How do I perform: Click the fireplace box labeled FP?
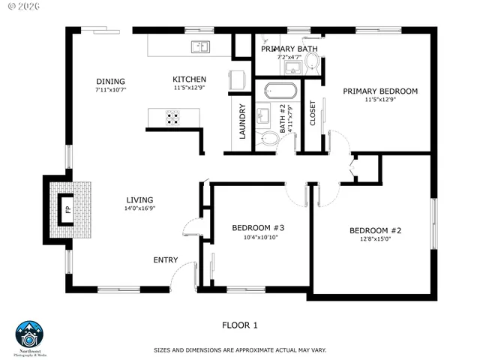point(67,208)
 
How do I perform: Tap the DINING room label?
point(110,82)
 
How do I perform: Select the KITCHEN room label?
point(189,79)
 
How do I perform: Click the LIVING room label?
point(139,199)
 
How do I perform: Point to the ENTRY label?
point(165,260)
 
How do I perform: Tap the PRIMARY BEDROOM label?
point(380,91)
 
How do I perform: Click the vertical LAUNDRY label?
point(242,121)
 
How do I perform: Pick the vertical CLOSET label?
point(313,112)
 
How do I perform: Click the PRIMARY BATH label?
point(289,49)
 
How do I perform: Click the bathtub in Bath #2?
point(280,91)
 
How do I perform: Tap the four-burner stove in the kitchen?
point(172,116)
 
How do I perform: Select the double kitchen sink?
point(199,46)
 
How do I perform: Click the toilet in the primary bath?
point(312,68)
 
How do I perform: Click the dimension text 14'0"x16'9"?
point(139,208)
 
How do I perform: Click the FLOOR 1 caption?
point(239,325)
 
